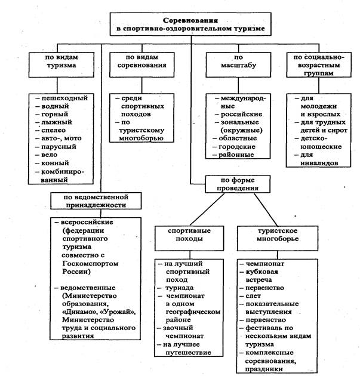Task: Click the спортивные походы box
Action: point(183,234)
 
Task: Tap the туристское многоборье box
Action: point(272,234)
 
